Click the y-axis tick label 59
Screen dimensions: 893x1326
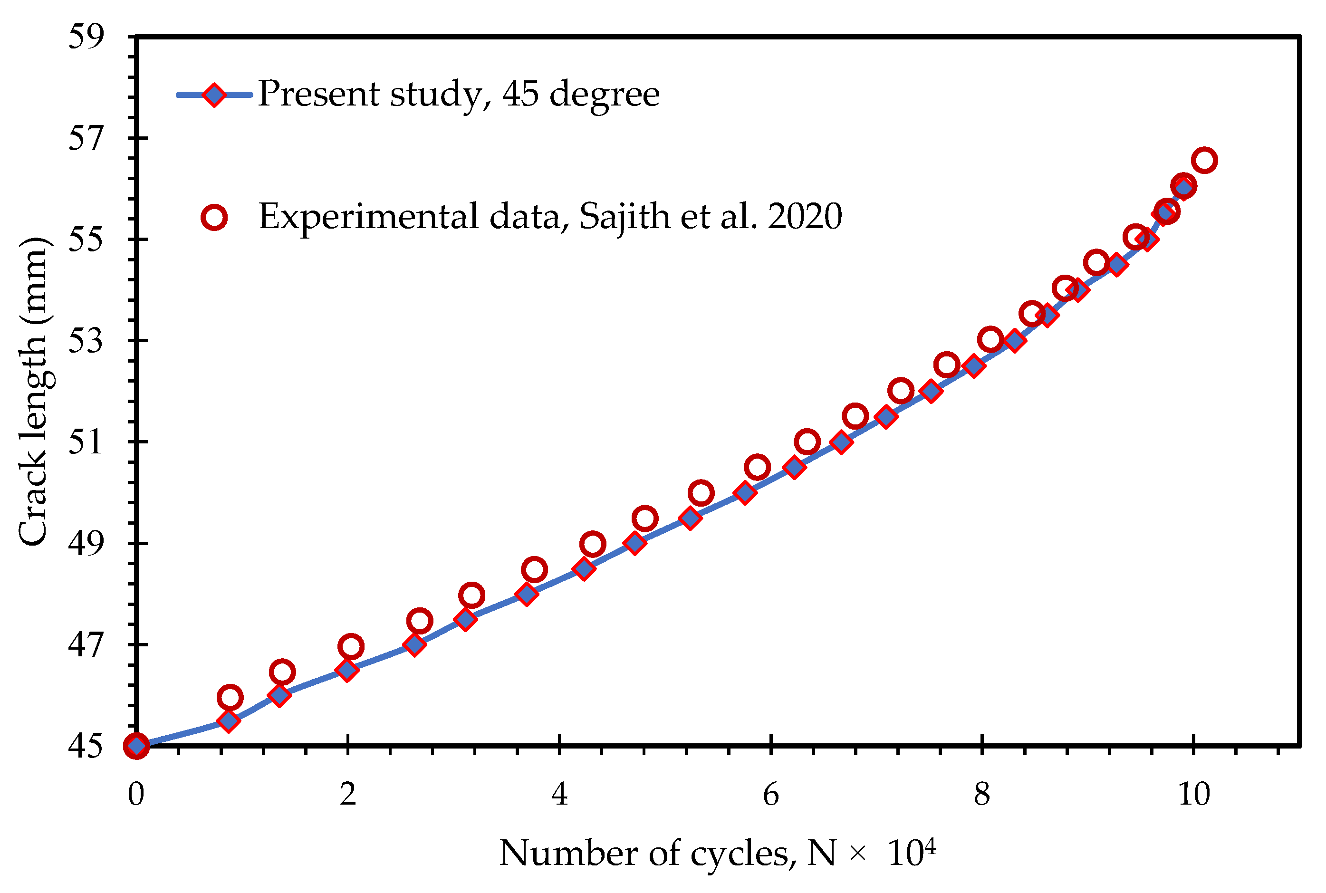pyautogui.click(x=86, y=38)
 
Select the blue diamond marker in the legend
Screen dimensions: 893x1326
pyautogui.click(x=214, y=95)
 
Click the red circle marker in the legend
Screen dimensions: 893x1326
pyautogui.click(x=214, y=217)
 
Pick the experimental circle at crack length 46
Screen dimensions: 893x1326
pyautogui.click(x=230, y=697)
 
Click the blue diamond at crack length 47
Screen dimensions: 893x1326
pyautogui.click(x=414, y=645)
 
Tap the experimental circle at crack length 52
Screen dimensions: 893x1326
pyautogui.click(x=901, y=391)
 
